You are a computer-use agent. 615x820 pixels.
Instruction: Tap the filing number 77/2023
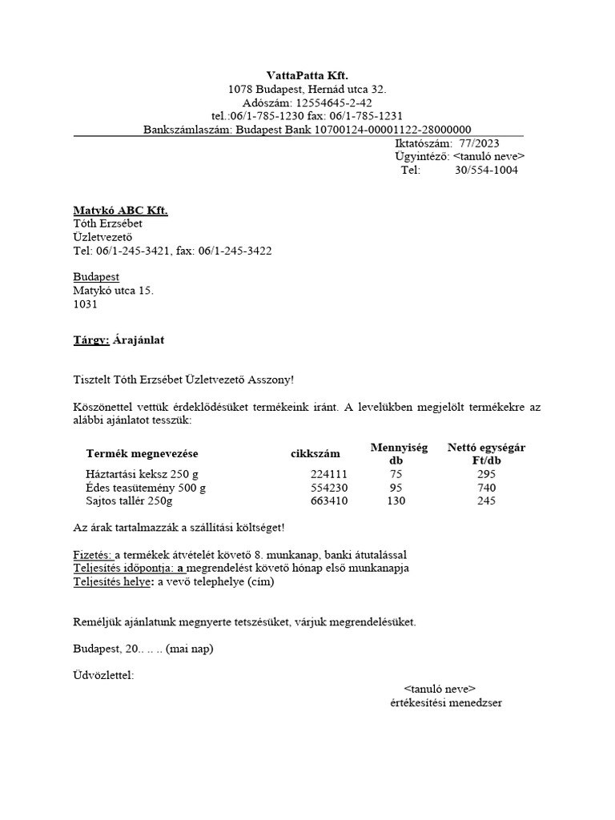tap(479, 143)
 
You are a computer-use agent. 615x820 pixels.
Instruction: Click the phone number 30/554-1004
tap(486, 171)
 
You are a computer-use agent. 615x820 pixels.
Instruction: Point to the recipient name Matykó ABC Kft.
tap(120, 210)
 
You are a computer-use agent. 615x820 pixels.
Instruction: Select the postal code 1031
tap(86, 304)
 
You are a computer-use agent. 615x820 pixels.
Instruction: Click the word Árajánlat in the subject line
tap(141, 340)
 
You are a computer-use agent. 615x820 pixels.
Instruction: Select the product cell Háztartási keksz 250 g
tap(141, 474)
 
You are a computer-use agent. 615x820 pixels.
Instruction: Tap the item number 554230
tap(329, 488)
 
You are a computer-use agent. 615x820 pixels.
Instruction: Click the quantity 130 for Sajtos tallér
tap(396, 501)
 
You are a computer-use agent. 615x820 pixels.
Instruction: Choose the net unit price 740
tap(486, 488)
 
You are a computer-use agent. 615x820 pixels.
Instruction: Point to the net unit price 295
tap(486, 474)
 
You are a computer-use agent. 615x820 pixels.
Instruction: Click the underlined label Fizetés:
tap(93, 555)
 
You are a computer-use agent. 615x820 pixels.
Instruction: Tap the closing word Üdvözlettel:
tap(103, 675)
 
